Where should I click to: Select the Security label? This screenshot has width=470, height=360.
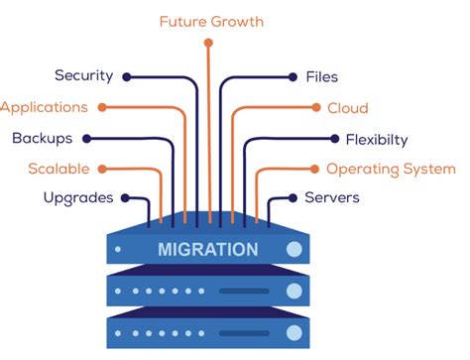tap(83, 75)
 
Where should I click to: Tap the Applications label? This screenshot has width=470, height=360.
tap(44, 107)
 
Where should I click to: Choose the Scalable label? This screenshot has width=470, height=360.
tap(59, 169)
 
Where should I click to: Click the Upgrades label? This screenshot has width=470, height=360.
tap(77, 198)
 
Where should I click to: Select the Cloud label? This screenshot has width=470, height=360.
tap(347, 107)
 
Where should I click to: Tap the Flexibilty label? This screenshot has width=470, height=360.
tap(376, 139)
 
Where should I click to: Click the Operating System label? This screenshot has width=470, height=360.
tap(391, 169)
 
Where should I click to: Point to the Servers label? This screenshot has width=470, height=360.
tap(331, 198)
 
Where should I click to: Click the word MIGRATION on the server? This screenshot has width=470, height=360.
tap(208, 248)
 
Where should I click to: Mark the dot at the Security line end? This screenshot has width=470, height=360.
tap(126, 75)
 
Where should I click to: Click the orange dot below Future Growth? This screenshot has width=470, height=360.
tap(208, 43)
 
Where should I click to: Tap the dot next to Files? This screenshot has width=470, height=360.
tap(292, 75)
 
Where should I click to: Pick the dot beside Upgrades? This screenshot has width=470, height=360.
tap(126, 198)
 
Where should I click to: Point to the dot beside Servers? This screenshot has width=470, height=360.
tap(292, 198)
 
